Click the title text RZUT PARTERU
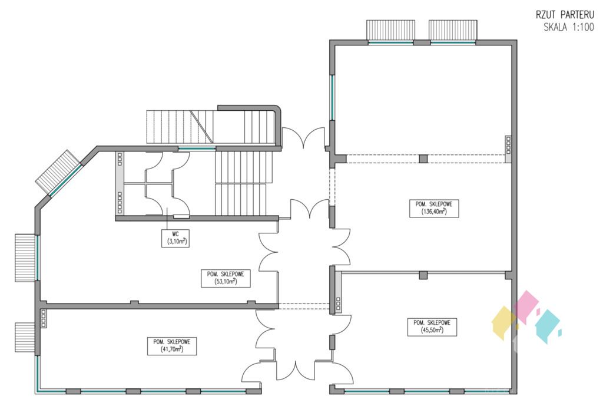(565, 15)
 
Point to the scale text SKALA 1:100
(569, 27)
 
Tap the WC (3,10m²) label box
(175, 238)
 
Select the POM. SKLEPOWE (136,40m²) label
(434, 208)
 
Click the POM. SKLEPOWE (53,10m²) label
(226, 278)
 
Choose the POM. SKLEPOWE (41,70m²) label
(172, 346)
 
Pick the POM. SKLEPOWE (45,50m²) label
(432, 326)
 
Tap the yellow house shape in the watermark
(503, 323)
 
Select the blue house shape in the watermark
(548, 326)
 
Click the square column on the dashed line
(423, 159)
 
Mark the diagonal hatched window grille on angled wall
(58, 172)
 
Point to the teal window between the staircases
(197, 149)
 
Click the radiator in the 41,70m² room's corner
(44, 319)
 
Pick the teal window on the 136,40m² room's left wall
(332, 97)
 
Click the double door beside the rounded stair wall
(303, 138)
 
